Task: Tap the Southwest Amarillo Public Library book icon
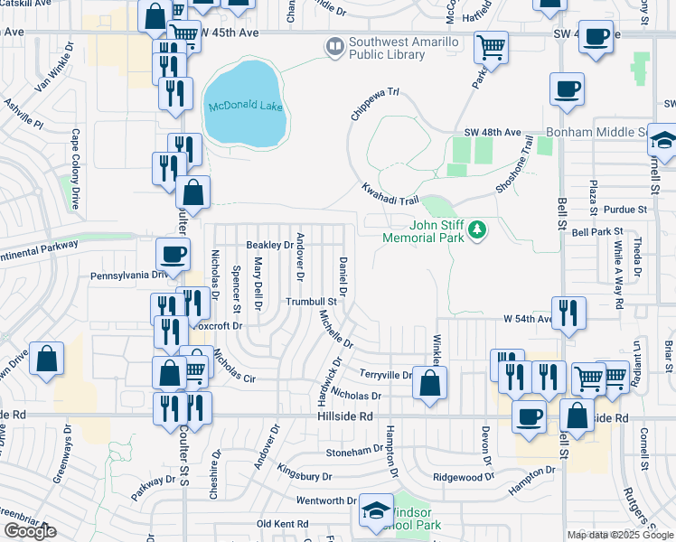(334, 44)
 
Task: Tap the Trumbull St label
(312, 302)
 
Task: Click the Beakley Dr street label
(269, 245)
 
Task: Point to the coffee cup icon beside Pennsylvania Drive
(173, 253)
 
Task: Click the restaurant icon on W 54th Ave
(568, 313)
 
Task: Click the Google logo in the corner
(30, 531)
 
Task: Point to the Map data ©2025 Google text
(620, 535)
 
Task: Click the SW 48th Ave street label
(493, 133)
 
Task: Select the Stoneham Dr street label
(354, 450)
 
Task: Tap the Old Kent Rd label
(285, 524)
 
